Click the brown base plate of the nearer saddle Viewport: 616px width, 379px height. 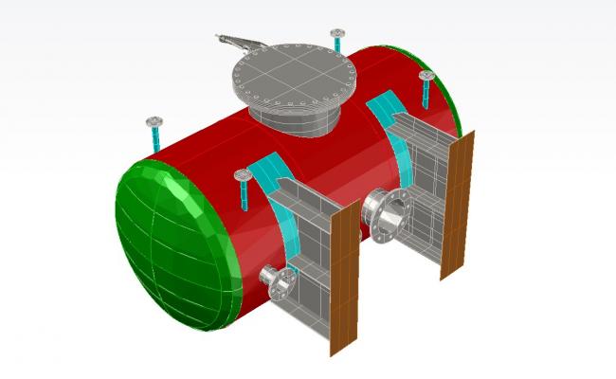pyautogui.click(x=342, y=280)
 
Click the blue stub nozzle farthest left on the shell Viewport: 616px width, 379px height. pyautogui.click(x=154, y=134)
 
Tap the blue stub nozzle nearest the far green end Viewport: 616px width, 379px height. pyautogui.click(x=426, y=88)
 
